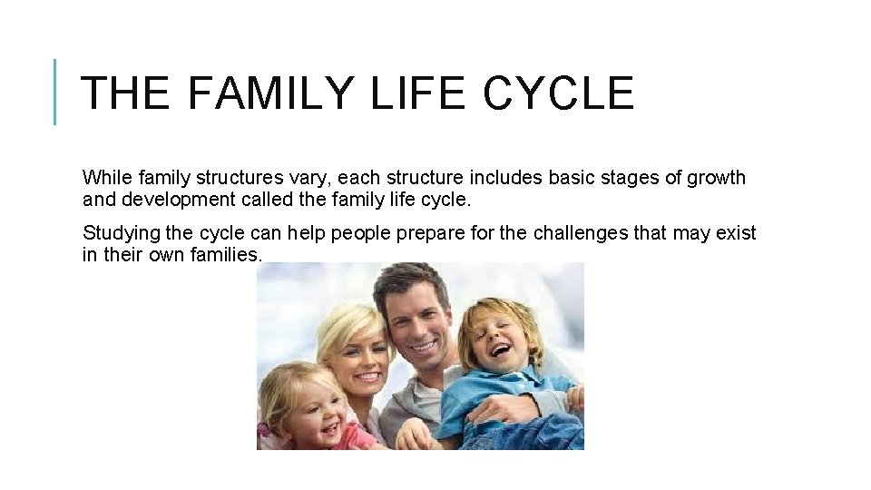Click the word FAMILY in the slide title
[270, 93]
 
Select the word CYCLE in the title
[558, 93]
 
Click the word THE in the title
[123, 93]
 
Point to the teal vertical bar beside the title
[55, 92]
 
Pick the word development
[171, 200]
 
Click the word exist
[736, 233]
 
